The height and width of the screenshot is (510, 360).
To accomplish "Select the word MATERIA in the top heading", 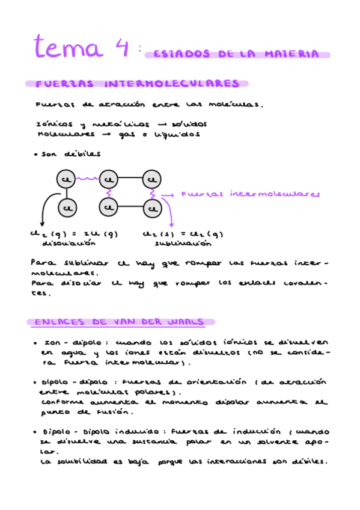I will click(x=292, y=55).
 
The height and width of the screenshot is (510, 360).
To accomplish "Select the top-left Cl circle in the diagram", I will click(x=66, y=179).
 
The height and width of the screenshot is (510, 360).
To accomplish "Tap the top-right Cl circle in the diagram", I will click(x=153, y=179).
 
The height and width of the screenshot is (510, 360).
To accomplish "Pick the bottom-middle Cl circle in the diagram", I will click(x=108, y=208).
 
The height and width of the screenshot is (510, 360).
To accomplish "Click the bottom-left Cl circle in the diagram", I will click(x=66, y=208).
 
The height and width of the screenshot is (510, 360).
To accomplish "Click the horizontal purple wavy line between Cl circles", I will click(x=87, y=179).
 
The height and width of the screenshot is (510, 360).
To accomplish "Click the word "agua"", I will click(x=63, y=354).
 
